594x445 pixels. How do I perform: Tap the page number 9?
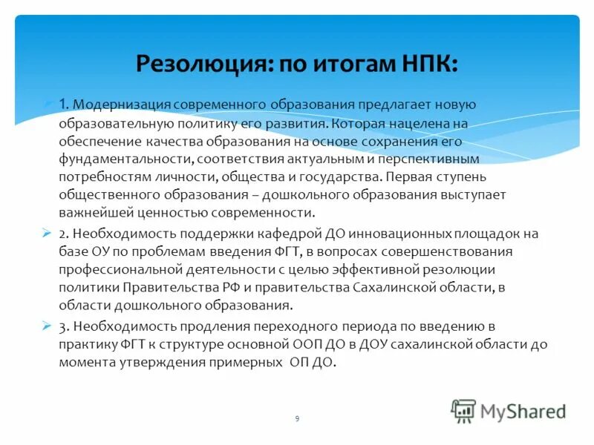tap(297, 419)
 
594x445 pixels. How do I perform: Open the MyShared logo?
tap(509, 410)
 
